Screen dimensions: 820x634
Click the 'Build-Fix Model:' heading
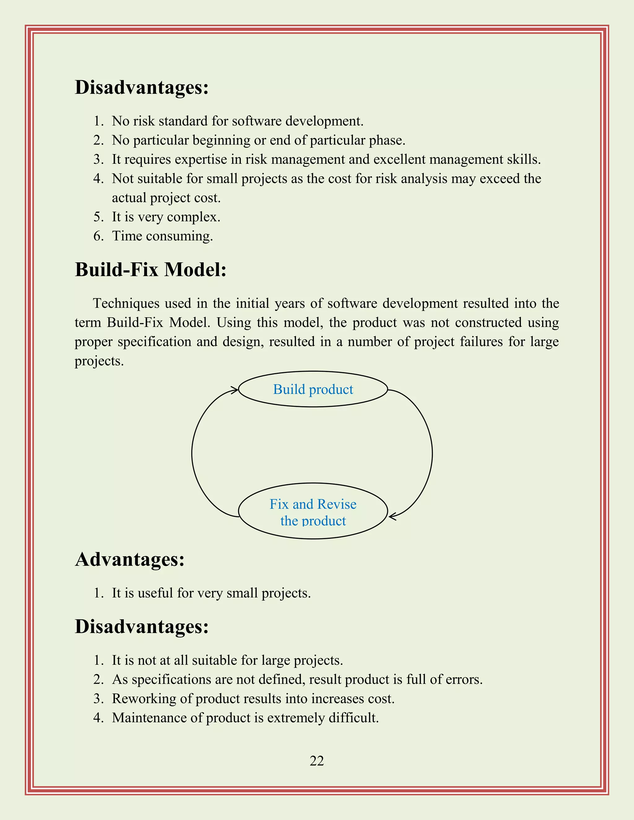(x=151, y=270)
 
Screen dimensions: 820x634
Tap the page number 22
(x=317, y=761)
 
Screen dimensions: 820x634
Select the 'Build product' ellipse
(x=313, y=389)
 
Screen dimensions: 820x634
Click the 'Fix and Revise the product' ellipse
(x=313, y=511)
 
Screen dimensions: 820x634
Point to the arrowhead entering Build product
(x=235, y=390)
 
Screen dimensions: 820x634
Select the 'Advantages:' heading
(x=130, y=559)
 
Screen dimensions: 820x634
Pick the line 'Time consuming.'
(x=162, y=236)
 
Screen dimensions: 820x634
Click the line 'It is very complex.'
(x=166, y=217)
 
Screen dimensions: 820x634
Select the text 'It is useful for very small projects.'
(x=211, y=593)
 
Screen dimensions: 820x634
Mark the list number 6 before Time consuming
(x=98, y=236)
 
